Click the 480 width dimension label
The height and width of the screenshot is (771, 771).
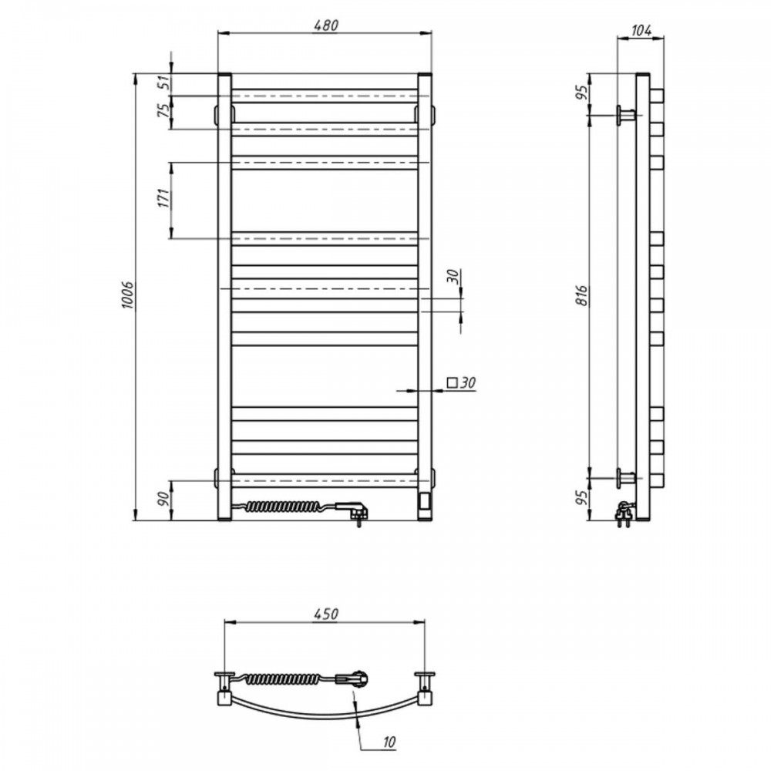click(x=325, y=25)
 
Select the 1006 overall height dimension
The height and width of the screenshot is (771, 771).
click(x=127, y=295)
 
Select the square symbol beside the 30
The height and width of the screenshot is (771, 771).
click(x=451, y=382)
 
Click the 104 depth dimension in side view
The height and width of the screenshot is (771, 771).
click(x=641, y=31)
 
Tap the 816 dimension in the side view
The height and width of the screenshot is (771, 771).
click(x=582, y=295)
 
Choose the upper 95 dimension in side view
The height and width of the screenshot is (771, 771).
click(x=582, y=93)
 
